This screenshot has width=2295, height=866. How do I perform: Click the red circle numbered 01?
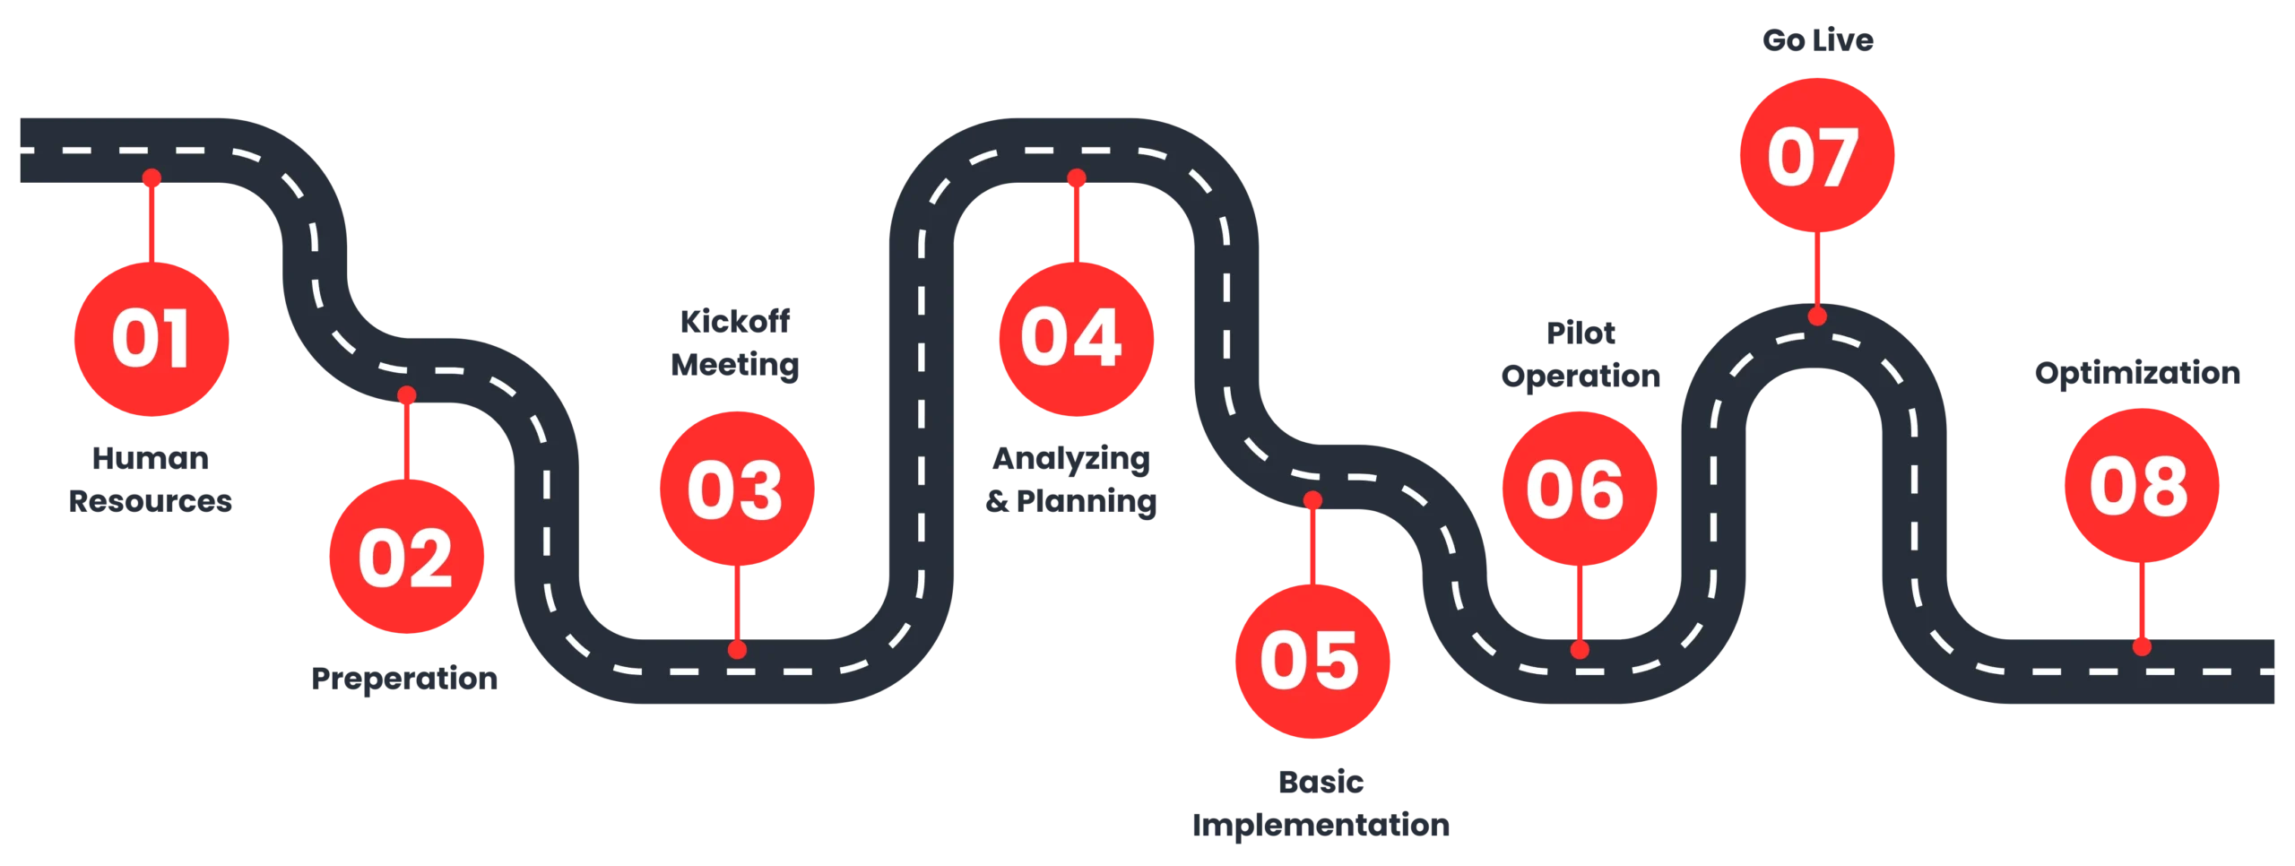pos(151,339)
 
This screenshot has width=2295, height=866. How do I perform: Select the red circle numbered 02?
pos(406,558)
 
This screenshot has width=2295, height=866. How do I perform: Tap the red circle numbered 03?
pos(737,489)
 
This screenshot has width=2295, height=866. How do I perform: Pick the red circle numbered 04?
pos(1074,339)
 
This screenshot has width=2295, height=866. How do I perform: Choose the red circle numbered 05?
pos(1312,662)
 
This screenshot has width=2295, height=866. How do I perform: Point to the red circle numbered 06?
pos(1578,489)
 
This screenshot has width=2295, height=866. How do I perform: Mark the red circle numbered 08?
pos(2141,486)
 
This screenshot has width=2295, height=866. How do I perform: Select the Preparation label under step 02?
pos(405,680)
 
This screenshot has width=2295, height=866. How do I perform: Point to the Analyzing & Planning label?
pos(1071,481)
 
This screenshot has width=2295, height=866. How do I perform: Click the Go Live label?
pos(1816,41)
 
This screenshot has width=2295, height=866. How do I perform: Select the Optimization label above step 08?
pos(2138,375)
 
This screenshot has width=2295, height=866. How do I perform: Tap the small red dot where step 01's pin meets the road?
pos(152,178)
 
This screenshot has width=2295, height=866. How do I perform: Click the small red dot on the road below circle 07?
pos(1817,316)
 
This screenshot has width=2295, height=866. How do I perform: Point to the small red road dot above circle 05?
pos(1312,500)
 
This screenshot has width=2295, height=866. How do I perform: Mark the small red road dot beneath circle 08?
pos(2142,646)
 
